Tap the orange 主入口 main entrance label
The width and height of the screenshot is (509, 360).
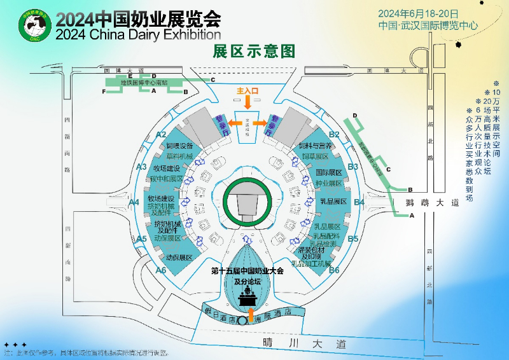tap(248, 91)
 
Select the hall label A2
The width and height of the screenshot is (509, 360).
tap(161, 134)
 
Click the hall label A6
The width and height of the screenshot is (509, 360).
tap(161, 270)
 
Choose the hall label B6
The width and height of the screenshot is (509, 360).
tap(334, 270)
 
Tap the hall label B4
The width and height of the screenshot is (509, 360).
tap(359, 202)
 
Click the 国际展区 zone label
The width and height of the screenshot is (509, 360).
tap(329, 172)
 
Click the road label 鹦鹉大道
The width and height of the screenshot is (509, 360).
tap(432, 204)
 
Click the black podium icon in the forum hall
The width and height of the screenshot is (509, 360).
tap(248, 296)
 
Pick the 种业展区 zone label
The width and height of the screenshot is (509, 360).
tap(329, 183)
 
